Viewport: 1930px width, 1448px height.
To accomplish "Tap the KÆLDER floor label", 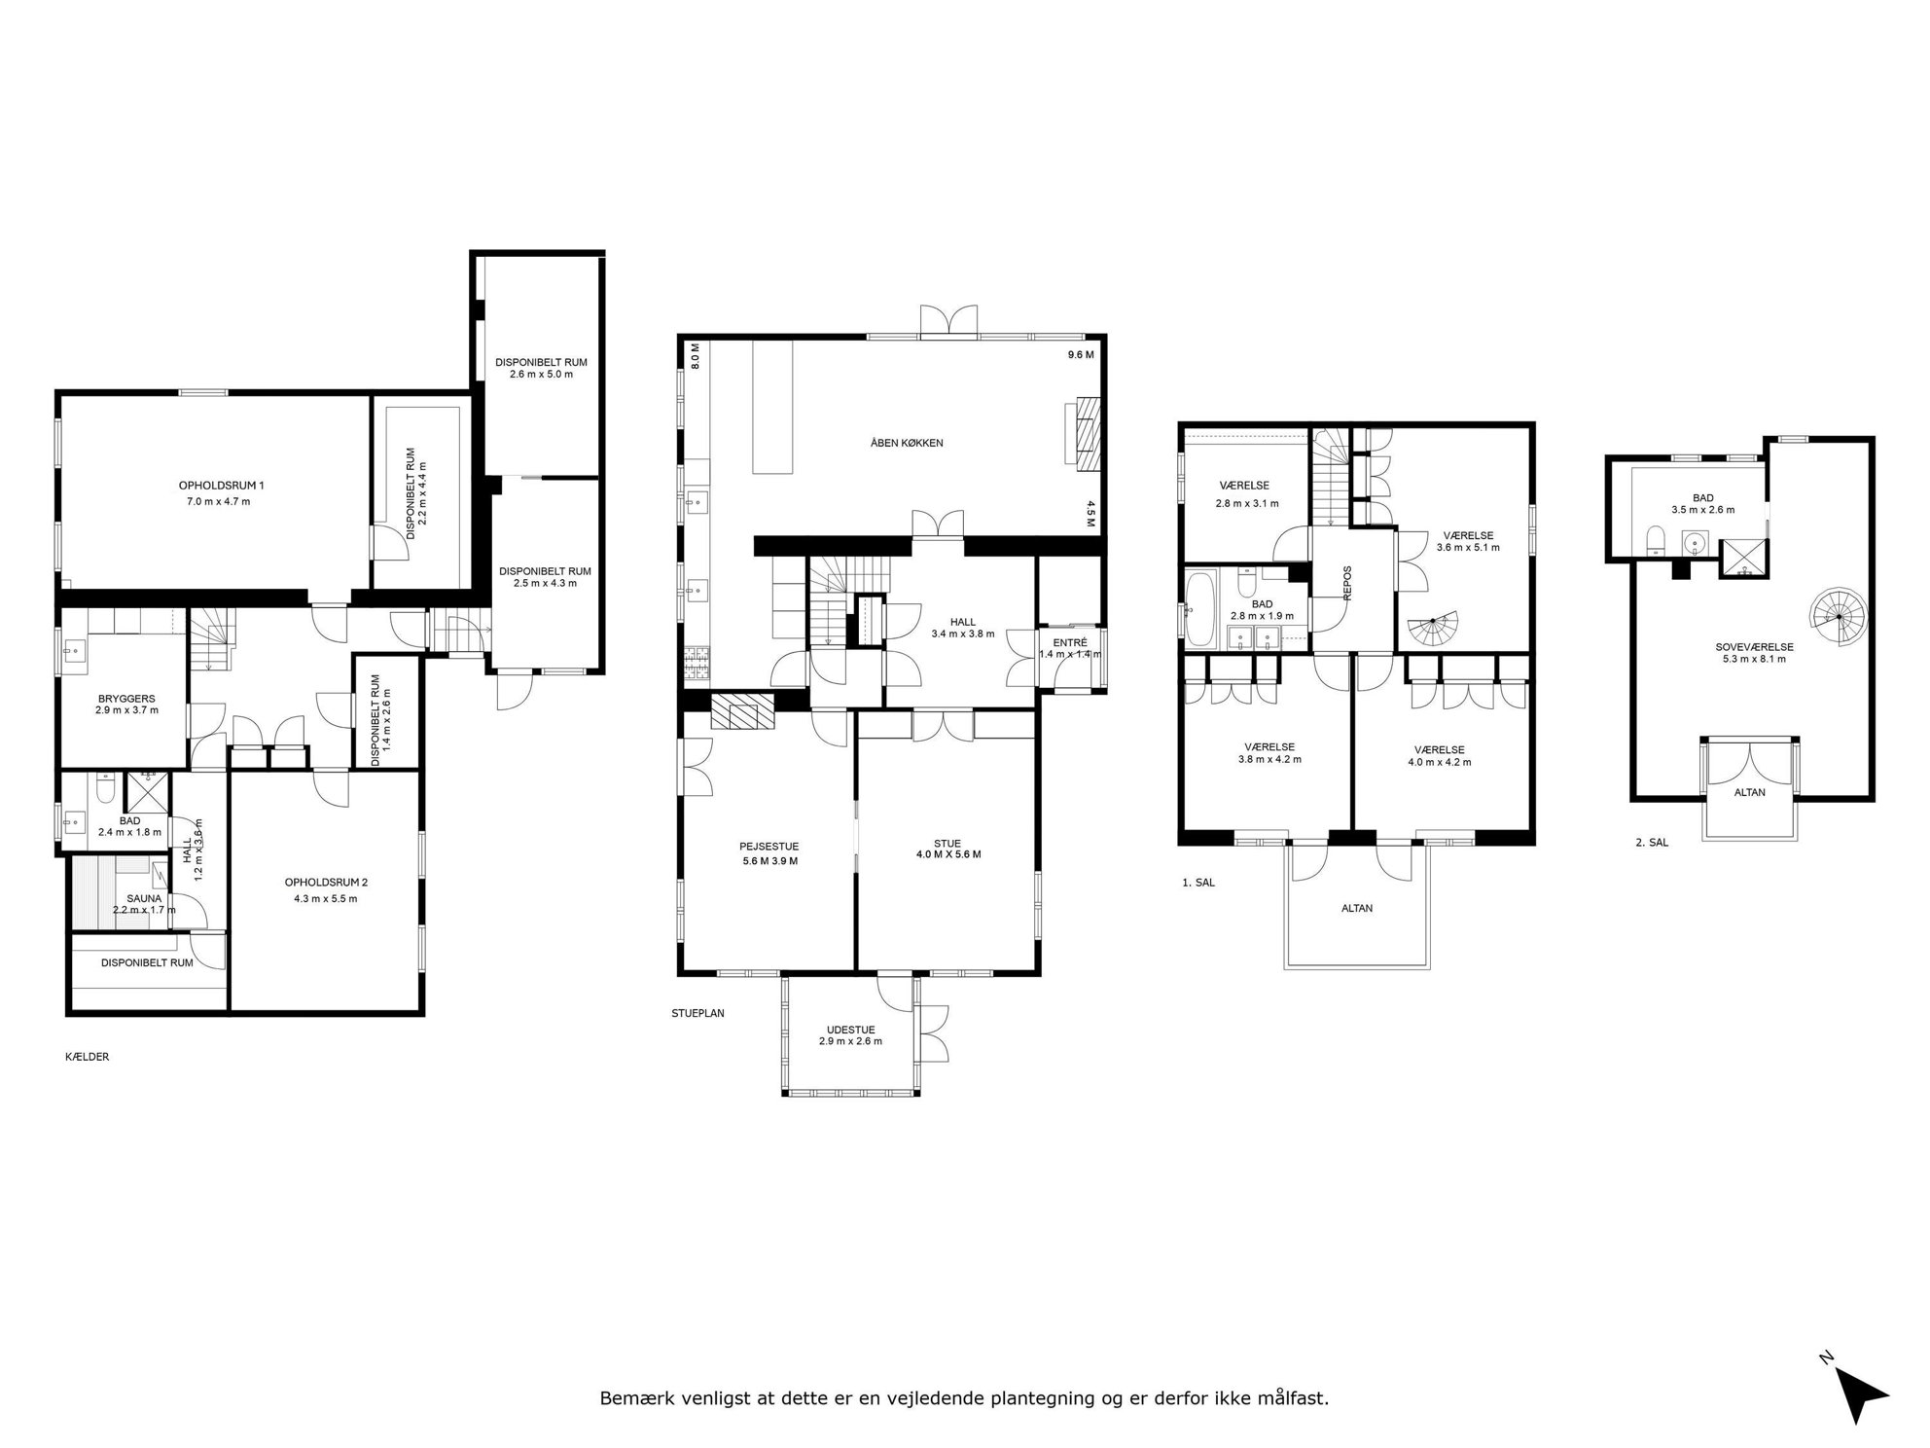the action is [x=87, y=1057].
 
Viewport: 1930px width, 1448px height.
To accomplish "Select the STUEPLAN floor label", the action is [x=697, y=1013].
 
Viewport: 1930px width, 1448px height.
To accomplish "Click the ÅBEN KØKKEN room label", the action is [x=907, y=443].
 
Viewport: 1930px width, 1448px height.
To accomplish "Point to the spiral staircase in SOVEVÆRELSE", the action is [x=1840, y=616].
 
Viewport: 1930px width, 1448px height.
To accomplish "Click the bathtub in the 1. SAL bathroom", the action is [x=1199, y=609].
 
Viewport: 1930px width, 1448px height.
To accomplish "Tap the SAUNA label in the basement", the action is [x=144, y=898].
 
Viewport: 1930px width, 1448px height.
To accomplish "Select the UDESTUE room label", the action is [x=850, y=1029].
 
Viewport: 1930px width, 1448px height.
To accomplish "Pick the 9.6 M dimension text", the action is [x=1081, y=355].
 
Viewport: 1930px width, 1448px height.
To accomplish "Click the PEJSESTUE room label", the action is [x=768, y=847].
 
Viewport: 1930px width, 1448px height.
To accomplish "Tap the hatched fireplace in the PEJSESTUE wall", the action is [x=742, y=710].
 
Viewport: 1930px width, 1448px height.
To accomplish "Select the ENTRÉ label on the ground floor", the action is [x=1070, y=642].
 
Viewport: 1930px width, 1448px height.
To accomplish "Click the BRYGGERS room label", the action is [x=126, y=699].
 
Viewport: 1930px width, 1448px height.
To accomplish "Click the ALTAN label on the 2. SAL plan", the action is [x=1750, y=792].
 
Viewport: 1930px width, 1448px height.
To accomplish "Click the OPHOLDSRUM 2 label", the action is [x=326, y=883].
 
